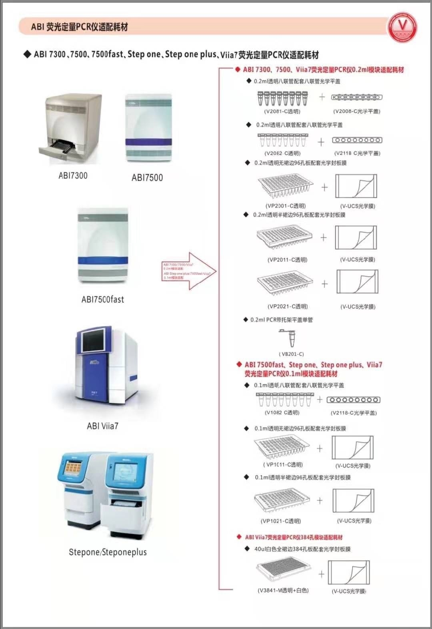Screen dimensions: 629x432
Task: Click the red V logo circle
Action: click(x=402, y=26)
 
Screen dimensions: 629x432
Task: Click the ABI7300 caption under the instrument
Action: click(x=73, y=175)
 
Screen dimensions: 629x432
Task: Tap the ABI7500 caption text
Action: click(x=147, y=178)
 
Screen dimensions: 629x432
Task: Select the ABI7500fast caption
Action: click(x=103, y=299)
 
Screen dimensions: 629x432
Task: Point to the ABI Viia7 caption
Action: click(x=103, y=426)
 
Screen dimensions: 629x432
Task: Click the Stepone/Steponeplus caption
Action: click(x=108, y=552)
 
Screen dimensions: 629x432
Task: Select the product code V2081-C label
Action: click(x=282, y=111)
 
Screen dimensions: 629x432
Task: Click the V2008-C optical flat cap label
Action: click(x=357, y=111)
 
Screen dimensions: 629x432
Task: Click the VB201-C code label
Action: click(x=291, y=354)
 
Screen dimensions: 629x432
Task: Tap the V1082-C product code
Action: click(x=282, y=412)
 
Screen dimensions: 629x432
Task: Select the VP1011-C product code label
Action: click(x=283, y=465)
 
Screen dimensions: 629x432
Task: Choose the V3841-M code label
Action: click(x=283, y=590)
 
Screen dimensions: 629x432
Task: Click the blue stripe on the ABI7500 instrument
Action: click(x=148, y=142)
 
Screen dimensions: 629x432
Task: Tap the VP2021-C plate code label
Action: click(x=287, y=307)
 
